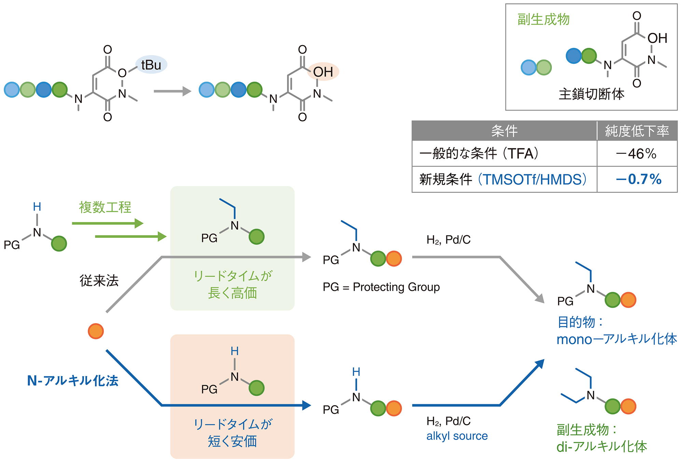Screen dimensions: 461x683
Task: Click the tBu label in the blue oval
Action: [151, 65]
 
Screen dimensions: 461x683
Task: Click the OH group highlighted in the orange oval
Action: [323, 72]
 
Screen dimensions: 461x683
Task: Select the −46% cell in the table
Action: [636, 154]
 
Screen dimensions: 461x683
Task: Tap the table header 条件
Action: [504, 131]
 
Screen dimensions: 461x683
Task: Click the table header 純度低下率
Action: [637, 131]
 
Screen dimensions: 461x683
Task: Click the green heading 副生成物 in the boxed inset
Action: [543, 19]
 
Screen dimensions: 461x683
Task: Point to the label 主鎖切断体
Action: [591, 94]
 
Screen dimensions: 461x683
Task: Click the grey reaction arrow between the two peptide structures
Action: [172, 91]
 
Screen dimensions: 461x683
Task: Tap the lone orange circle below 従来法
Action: [96, 331]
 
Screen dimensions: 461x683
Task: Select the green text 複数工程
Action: [105, 207]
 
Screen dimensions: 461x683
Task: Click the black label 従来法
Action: [99, 281]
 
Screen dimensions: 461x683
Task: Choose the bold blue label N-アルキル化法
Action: [73, 381]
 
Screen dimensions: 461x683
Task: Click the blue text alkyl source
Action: [457, 436]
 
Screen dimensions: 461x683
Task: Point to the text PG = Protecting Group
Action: [381, 287]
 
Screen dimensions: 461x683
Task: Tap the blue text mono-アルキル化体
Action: [617, 339]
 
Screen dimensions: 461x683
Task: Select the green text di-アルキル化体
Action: [602, 447]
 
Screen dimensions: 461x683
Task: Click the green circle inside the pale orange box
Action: [256, 388]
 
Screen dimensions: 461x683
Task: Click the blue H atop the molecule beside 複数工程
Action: [37, 207]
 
